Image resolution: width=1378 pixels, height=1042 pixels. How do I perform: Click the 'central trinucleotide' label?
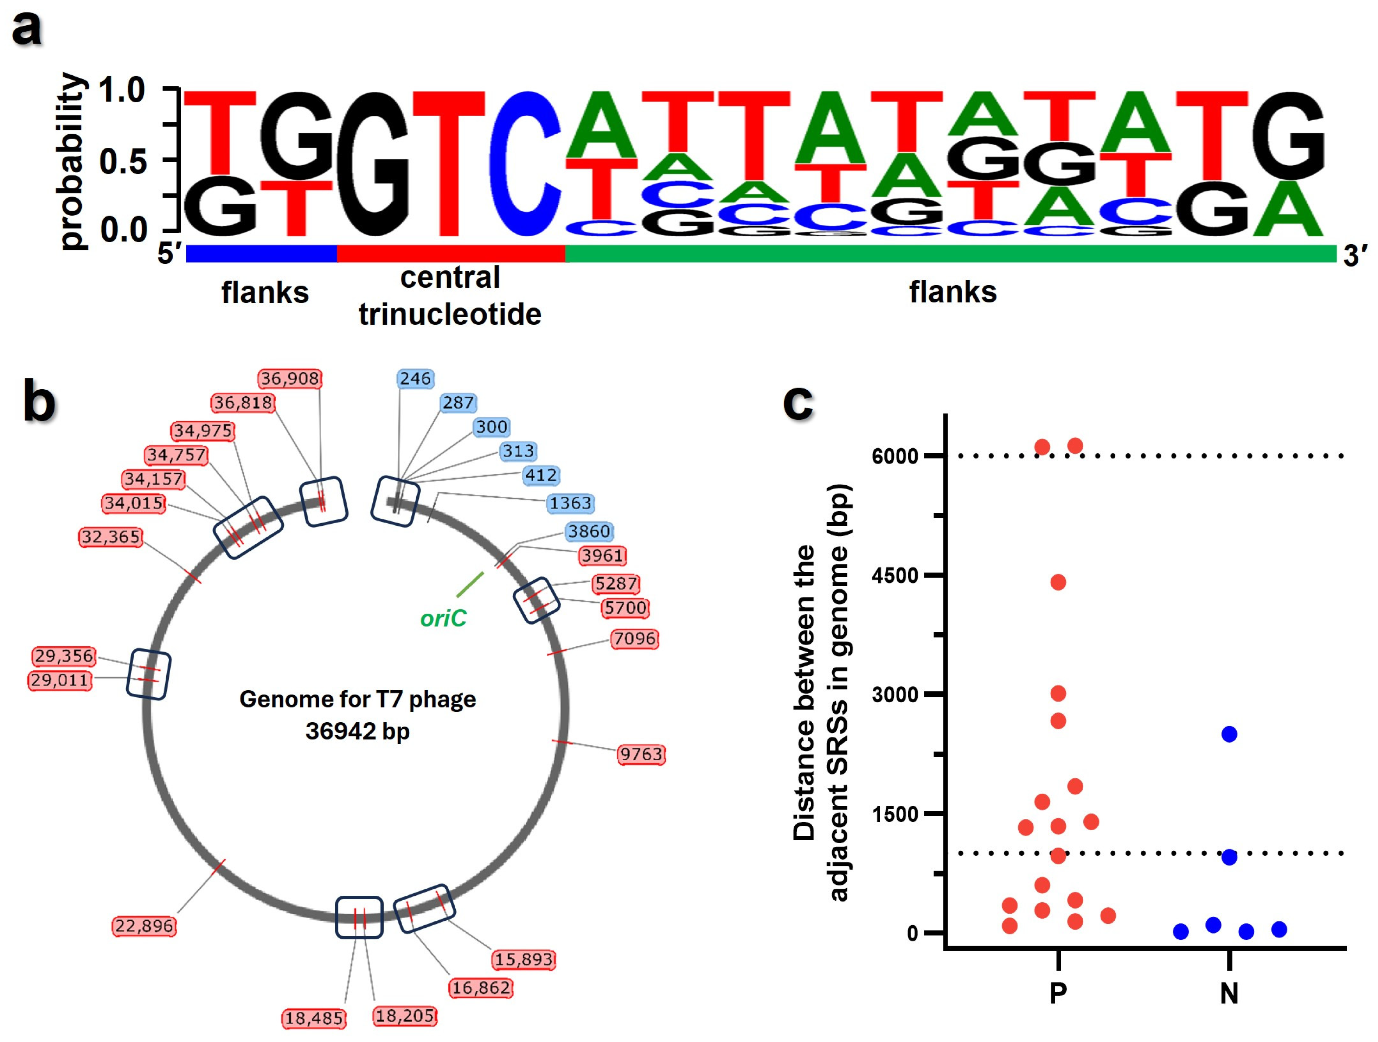[x=450, y=296]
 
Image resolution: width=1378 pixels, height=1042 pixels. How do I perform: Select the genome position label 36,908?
[x=290, y=378]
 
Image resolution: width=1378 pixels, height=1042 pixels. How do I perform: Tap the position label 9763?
[x=641, y=754]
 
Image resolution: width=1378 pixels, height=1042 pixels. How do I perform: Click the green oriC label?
[x=443, y=618]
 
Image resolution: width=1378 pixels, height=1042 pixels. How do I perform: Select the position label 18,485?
[x=314, y=1018]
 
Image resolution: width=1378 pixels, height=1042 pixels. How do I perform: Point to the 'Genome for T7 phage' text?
[x=358, y=699]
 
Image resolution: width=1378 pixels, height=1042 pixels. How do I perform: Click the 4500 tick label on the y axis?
[x=895, y=575]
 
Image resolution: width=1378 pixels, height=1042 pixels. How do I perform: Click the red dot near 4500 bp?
[x=1058, y=582]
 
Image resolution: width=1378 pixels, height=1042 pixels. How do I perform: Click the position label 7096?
[x=634, y=639]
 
